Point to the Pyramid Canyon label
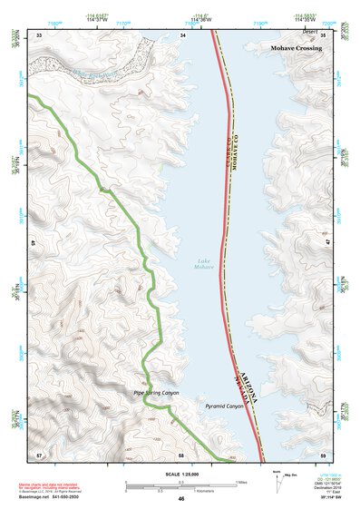(225, 406)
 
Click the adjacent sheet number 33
(39, 34)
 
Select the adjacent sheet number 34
(183, 34)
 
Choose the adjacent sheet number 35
(324, 34)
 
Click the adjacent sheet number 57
(39, 453)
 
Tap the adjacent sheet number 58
(181, 453)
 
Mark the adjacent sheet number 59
(324, 453)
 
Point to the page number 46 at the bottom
(181, 499)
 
